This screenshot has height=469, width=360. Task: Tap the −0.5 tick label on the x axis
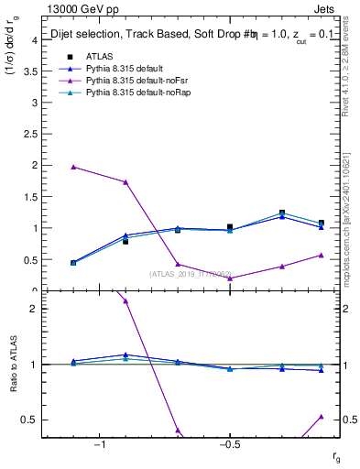tap(229, 446)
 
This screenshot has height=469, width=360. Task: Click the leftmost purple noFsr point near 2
tap(73, 167)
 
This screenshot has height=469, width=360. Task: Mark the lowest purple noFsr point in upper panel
tap(230, 278)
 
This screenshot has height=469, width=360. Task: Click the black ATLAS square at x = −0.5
tap(230, 226)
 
